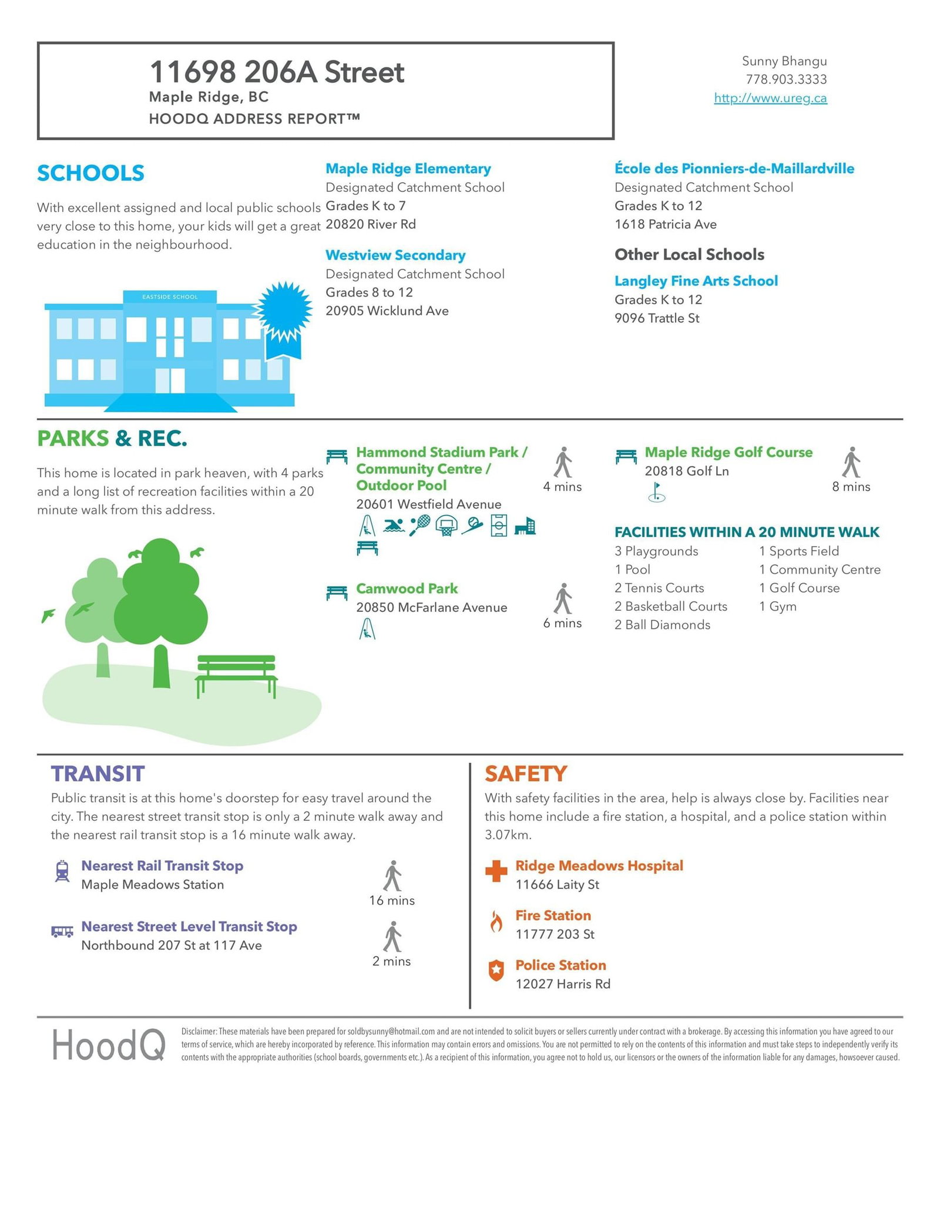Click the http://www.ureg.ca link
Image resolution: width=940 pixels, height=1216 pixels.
(770, 98)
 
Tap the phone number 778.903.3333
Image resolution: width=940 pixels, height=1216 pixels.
(786, 79)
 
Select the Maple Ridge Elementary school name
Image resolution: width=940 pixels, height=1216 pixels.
(408, 169)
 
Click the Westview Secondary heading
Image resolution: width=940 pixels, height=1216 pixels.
(395, 255)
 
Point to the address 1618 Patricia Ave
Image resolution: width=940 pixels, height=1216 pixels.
(665, 224)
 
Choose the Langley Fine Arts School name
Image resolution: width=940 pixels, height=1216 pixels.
(696, 281)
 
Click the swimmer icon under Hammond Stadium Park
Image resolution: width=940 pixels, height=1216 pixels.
(394, 525)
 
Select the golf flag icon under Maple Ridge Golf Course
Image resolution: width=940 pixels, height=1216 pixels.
(656, 492)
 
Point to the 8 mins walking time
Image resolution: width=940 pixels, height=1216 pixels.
(851, 487)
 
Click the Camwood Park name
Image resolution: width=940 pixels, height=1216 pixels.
(407, 588)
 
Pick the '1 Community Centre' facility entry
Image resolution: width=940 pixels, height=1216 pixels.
(819, 570)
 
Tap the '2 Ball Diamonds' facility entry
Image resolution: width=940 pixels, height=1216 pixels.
(662, 625)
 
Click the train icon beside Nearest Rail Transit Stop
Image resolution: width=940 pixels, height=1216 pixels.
(62, 871)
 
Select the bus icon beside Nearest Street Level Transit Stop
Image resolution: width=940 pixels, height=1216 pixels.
(62, 931)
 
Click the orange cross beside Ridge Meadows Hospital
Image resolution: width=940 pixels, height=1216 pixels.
(496, 871)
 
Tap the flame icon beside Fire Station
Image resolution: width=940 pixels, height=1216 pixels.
(496, 922)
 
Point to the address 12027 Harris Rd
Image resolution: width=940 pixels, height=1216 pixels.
(562, 983)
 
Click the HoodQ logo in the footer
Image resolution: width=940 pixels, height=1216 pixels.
(108, 1046)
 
